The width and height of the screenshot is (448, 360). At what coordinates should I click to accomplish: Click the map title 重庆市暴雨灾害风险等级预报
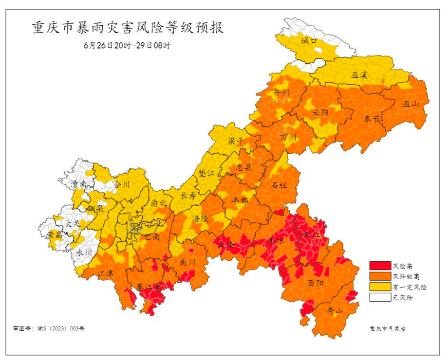pos(128,28)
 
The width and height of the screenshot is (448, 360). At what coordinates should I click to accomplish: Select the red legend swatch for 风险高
pos(379,266)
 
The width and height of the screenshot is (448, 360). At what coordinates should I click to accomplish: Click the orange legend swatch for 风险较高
pos(379,276)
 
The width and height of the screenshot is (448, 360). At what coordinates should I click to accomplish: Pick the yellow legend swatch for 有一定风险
pos(379,287)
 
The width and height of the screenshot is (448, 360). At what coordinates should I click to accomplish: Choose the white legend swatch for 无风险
pos(379,297)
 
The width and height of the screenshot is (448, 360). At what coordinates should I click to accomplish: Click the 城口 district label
pos(309,41)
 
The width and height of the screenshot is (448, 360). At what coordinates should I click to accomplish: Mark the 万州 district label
pos(288,138)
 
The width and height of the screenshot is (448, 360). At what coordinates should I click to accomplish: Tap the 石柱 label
pos(279,185)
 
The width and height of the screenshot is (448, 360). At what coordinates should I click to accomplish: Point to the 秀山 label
pos(334,311)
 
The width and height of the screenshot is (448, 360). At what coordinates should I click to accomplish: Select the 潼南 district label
pos(78,184)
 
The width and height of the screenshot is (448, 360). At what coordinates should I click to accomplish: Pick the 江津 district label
pos(105,273)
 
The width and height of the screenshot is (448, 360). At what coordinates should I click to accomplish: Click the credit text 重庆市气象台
pos(387,328)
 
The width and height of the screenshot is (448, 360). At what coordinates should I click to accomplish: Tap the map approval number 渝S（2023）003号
pos(49,328)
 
